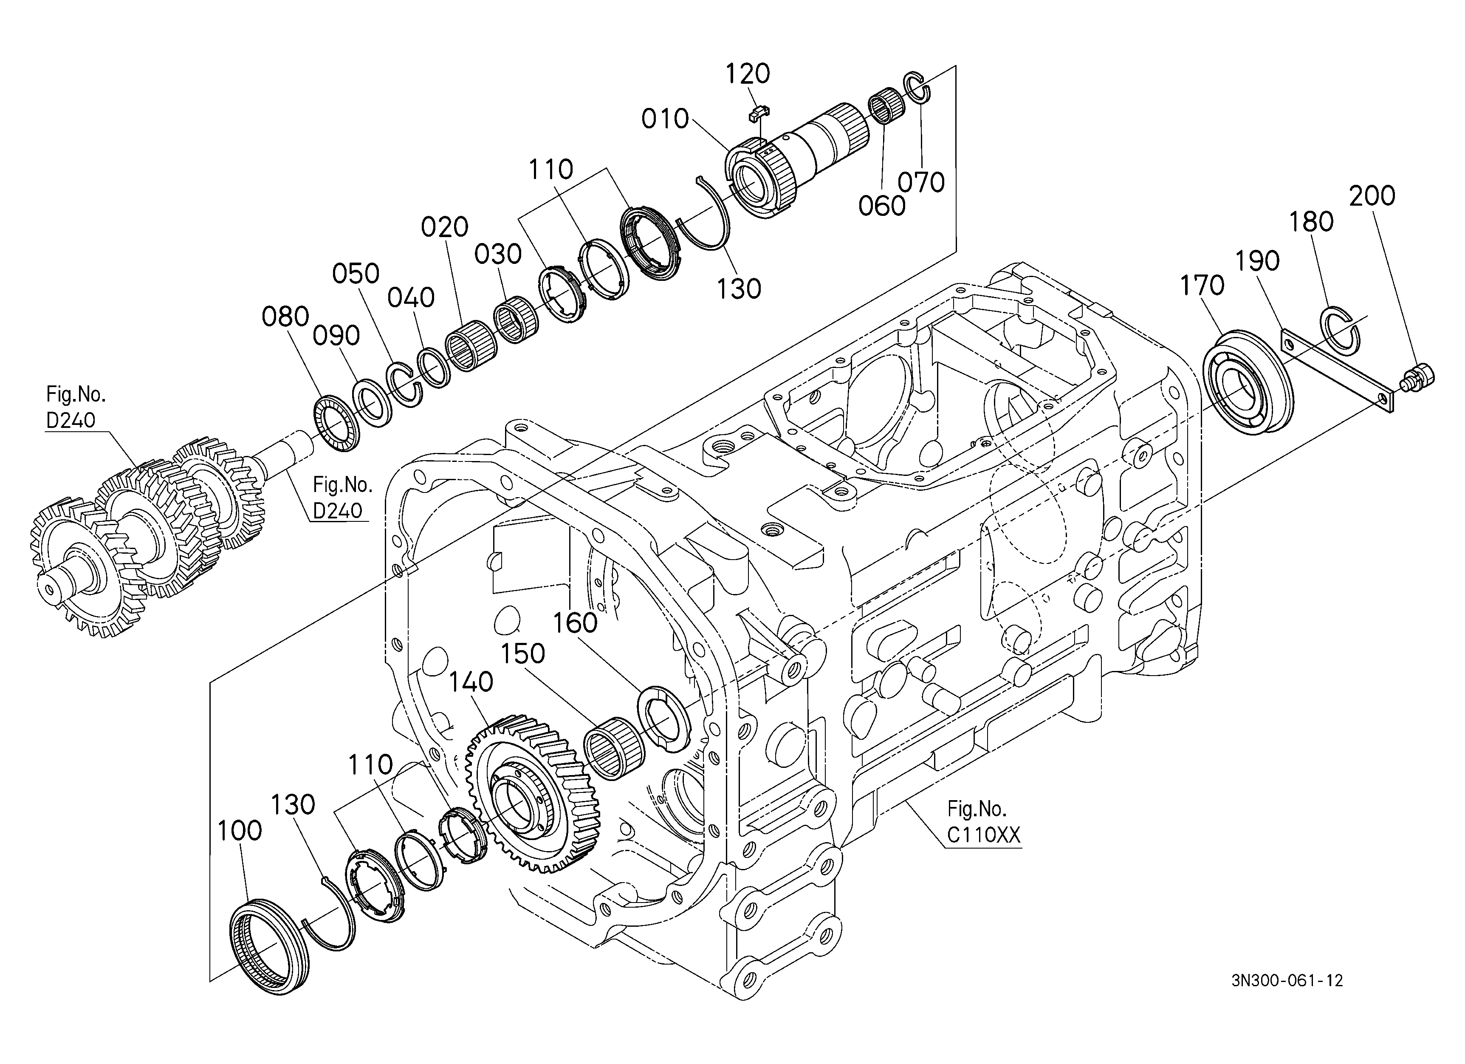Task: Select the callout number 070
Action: click(x=922, y=182)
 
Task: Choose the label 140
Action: click(x=471, y=682)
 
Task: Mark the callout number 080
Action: click(x=285, y=317)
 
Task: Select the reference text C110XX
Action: click(x=984, y=835)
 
